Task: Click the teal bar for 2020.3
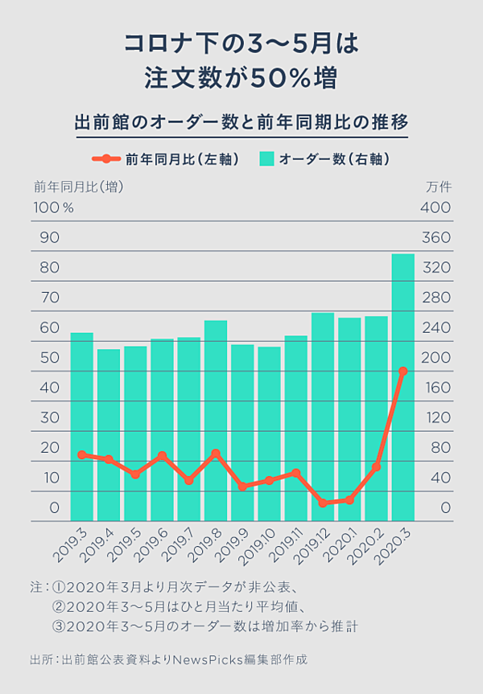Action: [402, 387]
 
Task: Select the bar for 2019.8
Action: [215, 421]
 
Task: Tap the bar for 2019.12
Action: [322, 417]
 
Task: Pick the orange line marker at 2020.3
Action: [402, 371]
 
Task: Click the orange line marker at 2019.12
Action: [322, 503]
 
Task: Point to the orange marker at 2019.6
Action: [162, 456]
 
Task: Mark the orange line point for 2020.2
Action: [376, 466]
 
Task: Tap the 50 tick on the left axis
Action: [50, 357]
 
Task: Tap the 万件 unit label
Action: [439, 187]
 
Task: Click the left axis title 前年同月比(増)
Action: [79, 187]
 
